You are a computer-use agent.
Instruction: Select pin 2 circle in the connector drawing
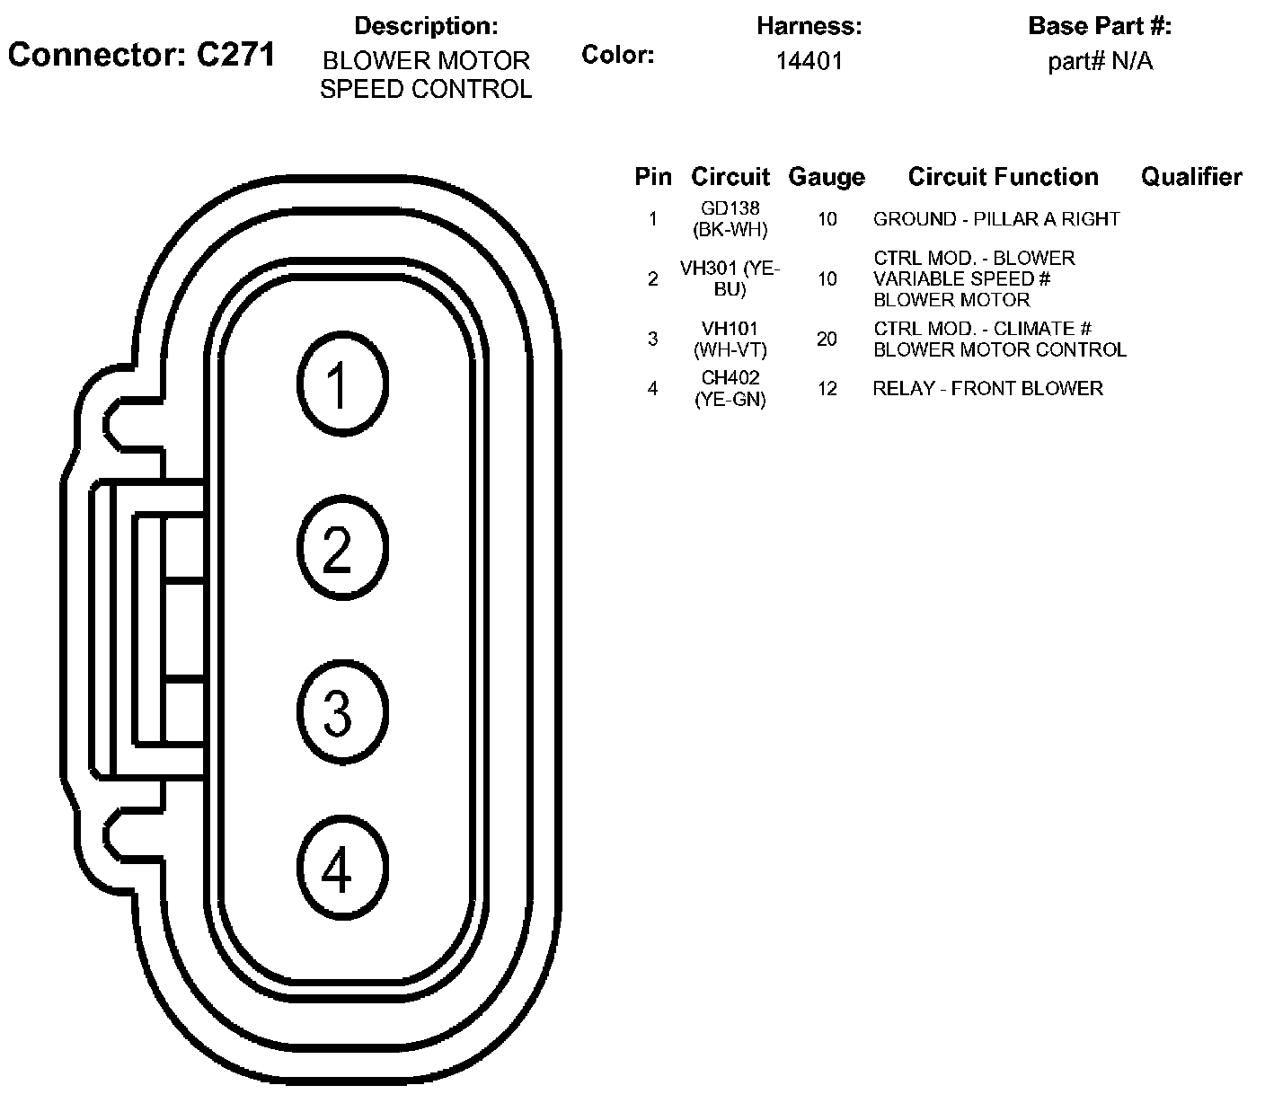tap(341, 548)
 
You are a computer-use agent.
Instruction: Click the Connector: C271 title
tap(141, 56)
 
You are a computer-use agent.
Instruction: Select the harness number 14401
tap(809, 61)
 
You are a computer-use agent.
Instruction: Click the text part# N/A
tap(1100, 61)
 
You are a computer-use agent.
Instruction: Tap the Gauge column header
tap(826, 177)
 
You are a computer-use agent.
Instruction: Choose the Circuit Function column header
tap(1003, 177)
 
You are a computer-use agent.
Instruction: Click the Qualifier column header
tap(1191, 177)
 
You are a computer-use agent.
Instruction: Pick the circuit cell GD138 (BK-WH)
tap(730, 219)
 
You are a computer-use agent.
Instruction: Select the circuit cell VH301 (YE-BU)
tap(730, 278)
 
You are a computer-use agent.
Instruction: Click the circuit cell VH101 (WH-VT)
tap(730, 339)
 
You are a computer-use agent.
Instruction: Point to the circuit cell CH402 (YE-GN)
tap(730, 389)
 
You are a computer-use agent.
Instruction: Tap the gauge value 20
tap(827, 339)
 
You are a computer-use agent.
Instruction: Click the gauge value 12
tap(827, 389)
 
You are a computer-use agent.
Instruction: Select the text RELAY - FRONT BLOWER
tap(987, 389)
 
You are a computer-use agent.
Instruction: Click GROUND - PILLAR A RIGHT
tap(996, 219)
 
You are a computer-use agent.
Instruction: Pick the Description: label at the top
tap(426, 26)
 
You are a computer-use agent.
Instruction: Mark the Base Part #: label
tap(1100, 26)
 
